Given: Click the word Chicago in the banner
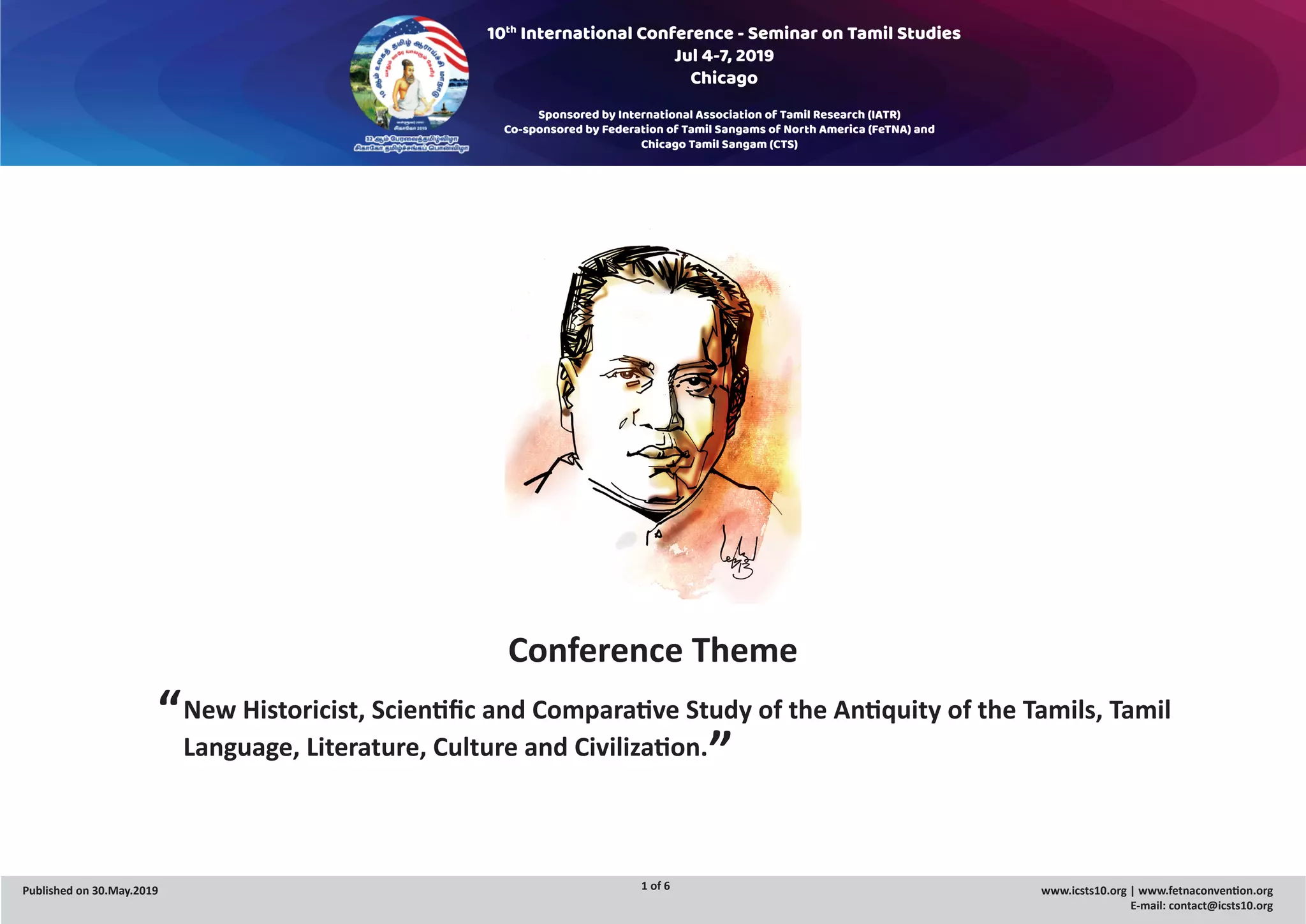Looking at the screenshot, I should (x=724, y=78).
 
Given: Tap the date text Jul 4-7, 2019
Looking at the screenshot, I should (x=724, y=56).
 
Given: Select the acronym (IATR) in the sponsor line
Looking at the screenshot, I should (x=883, y=115).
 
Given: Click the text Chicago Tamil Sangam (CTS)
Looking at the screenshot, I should (x=719, y=144).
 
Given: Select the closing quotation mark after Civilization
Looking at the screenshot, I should (x=720, y=740).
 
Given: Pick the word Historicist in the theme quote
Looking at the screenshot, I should (x=304, y=710).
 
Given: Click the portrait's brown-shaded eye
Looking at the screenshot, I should (x=624, y=375).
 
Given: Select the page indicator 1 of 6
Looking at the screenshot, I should (x=655, y=886).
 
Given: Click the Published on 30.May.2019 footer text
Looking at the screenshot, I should (x=90, y=891).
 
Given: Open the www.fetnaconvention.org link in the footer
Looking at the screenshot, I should (x=1205, y=891).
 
